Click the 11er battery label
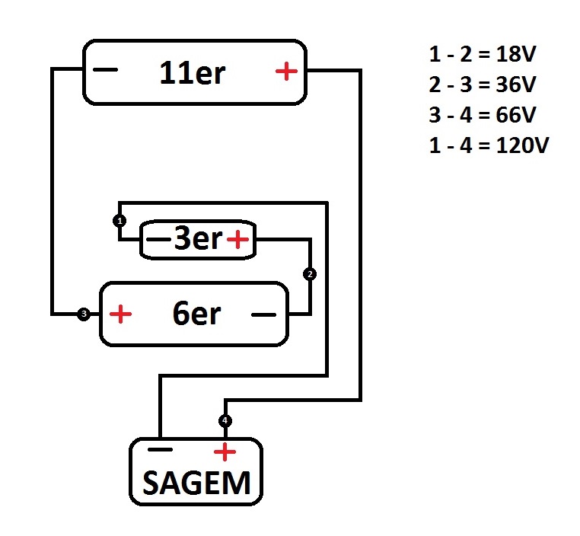[193, 73]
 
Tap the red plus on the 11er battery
[286, 72]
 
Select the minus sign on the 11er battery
[107, 72]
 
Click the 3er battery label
[198, 240]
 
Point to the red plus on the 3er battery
[238, 241]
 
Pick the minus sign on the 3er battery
[157, 241]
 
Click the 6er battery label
[196, 314]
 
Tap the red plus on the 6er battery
[121, 314]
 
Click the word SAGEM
[196, 482]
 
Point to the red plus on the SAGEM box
[225, 452]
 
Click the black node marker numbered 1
[119, 221]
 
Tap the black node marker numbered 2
[309, 273]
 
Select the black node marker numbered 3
[84, 314]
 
